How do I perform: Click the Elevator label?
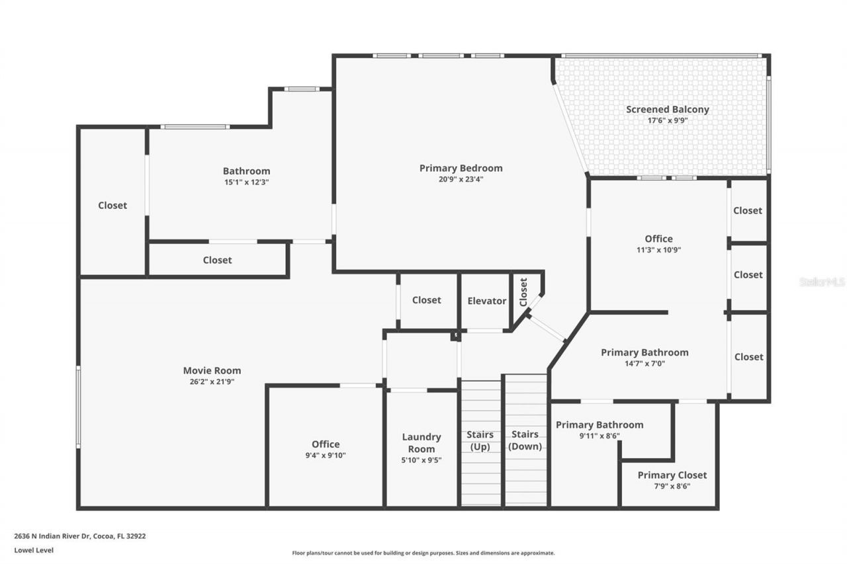486,301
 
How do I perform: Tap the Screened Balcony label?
667,110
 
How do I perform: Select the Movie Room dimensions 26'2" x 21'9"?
212,382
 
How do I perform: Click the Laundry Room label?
422,443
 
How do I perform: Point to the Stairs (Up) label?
480,440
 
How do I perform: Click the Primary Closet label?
672,475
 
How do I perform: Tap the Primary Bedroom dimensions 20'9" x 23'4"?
461,179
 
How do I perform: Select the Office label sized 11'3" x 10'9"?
658,239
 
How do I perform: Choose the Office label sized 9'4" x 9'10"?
326,444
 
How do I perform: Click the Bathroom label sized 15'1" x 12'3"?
246,171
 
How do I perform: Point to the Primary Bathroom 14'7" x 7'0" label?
645,352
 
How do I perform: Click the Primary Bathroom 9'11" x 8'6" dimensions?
599,436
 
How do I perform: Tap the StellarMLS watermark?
822,282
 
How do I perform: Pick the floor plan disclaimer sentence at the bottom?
423,553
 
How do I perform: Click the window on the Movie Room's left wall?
78,407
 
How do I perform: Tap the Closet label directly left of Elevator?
426,300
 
